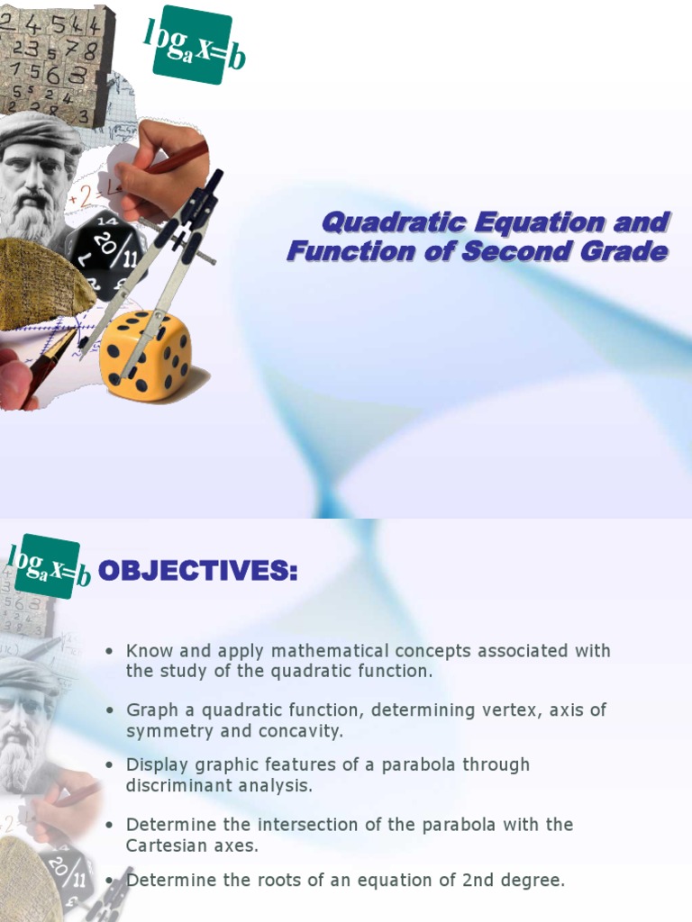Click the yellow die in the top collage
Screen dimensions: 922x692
[145, 355]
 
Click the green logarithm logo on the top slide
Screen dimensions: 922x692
[194, 44]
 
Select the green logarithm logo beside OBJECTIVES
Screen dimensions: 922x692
[48, 566]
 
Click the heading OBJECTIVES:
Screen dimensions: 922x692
[196, 570]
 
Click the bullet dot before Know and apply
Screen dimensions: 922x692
[109, 651]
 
